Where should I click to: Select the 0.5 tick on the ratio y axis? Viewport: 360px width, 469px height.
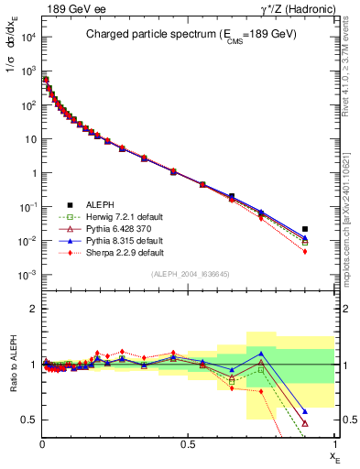coord(29,420)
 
